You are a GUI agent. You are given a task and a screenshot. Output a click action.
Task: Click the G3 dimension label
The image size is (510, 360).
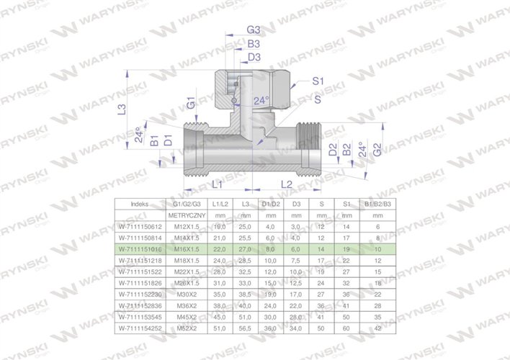point(253,30)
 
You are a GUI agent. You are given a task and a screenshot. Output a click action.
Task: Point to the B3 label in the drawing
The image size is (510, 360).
point(253,44)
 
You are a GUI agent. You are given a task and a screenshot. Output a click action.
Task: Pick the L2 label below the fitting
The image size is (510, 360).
point(285,184)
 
